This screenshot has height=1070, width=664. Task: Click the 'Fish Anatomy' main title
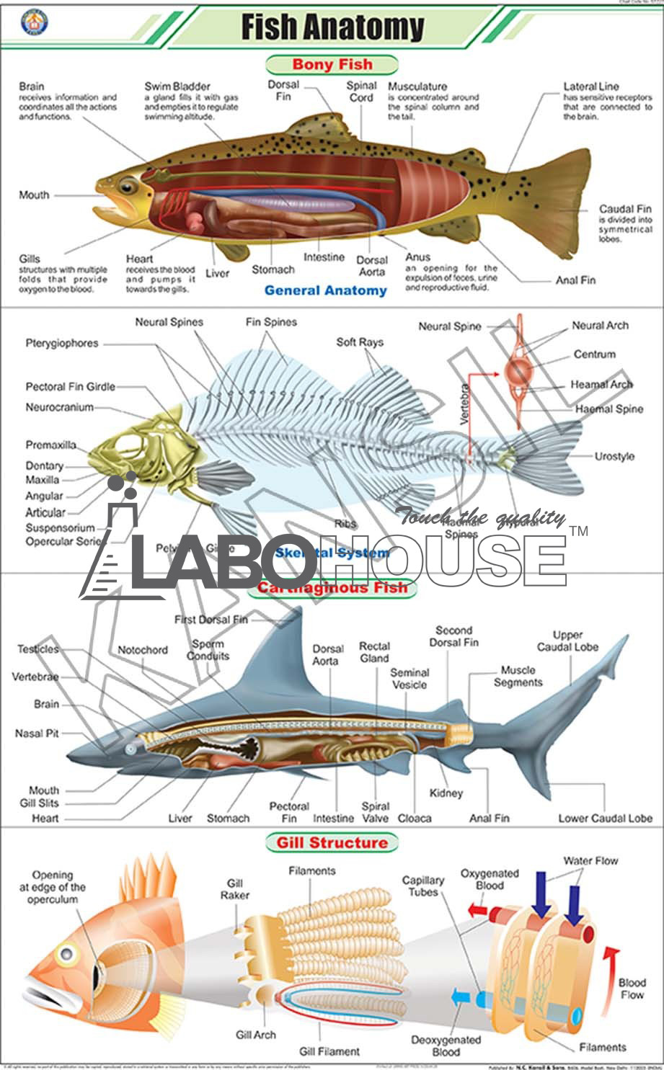pos(332,27)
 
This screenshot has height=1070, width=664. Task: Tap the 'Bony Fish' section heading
pos(332,64)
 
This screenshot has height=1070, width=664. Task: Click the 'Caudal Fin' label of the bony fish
pos(625,209)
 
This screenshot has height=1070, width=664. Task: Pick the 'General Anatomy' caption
pos(325,290)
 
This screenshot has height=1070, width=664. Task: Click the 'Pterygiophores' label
pos(62,343)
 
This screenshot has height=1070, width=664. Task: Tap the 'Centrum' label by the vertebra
pos(595,355)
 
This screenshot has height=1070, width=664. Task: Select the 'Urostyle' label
pos(614,456)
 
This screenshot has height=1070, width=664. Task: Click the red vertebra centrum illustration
pos(520,372)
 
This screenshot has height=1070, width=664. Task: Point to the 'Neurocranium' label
pos(60,407)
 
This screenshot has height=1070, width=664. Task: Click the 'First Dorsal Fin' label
pos(211,620)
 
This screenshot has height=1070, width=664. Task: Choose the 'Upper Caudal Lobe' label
pos(567,641)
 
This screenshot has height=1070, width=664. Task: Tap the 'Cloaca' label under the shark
pos(415,818)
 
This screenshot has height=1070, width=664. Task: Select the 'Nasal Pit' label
pos(37,733)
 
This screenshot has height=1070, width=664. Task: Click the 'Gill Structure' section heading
pos(332,842)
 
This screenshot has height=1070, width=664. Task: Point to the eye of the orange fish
pos(67,954)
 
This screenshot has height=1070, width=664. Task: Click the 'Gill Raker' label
pos(235,889)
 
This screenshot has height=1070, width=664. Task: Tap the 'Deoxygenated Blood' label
pos(446,1046)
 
